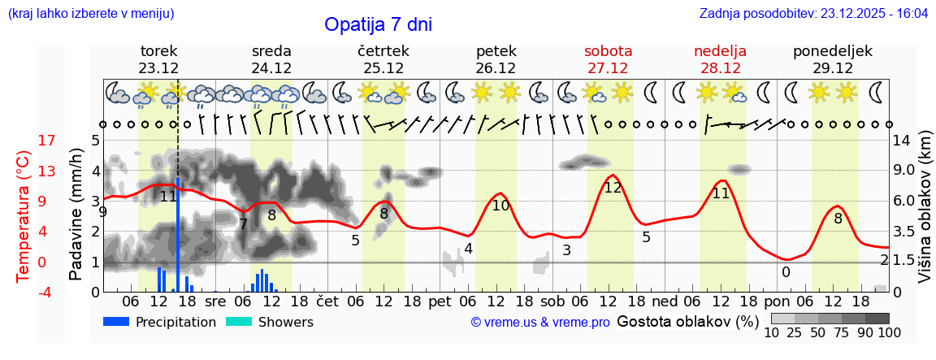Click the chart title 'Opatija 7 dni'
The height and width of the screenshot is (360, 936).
point(378,24)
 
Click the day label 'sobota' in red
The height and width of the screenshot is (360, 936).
point(608,51)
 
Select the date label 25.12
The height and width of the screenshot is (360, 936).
point(383,68)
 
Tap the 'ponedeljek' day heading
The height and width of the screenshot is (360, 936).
point(833,51)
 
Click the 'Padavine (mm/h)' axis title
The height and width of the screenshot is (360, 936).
point(76,215)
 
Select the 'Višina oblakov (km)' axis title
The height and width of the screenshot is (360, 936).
point(925,215)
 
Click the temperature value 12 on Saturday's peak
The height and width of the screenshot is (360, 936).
point(613,188)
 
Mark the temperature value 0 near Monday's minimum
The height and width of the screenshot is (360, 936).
point(786,272)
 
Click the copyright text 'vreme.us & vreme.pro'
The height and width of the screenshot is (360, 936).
point(540,323)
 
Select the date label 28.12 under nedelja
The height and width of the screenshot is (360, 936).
point(720,68)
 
